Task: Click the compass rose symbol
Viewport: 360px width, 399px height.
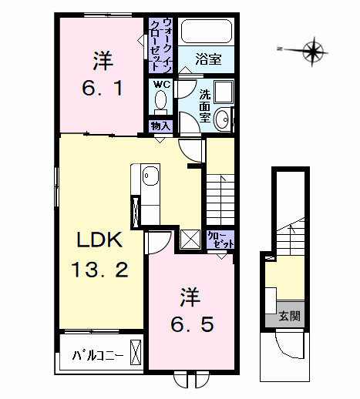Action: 312,52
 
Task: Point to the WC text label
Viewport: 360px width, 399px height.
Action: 161,84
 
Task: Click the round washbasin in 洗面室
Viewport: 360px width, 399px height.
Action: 222,119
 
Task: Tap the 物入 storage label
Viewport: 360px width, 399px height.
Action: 160,126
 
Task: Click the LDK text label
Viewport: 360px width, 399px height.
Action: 99,240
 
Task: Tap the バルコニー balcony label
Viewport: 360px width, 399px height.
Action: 98,356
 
